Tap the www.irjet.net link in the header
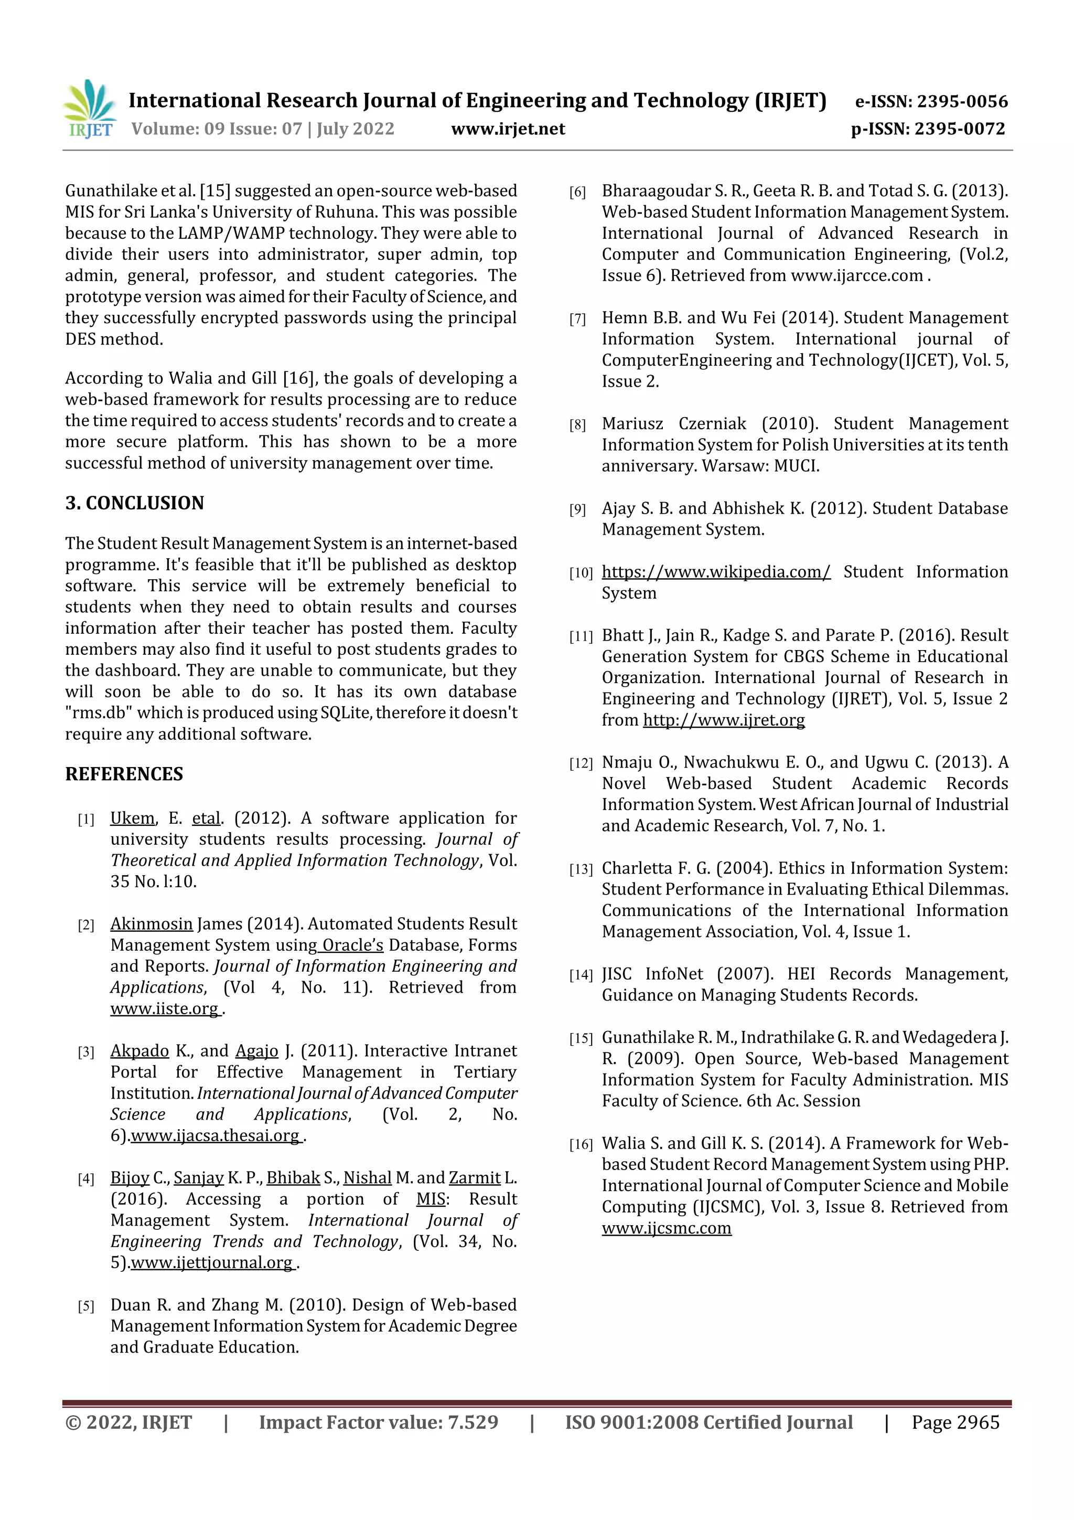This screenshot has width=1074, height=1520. pyautogui.click(x=508, y=129)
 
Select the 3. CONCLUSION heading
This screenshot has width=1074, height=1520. pyautogui.click(x=134, y=503)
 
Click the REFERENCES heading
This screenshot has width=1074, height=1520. pyautogui.click(x=124, y=774)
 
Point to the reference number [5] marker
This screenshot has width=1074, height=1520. pyautogui.click(x=86, y=1306)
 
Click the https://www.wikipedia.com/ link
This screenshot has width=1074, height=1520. pyautogui.click(x=715, y=572)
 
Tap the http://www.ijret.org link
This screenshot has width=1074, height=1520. pyautogui.click(x=723, y=720)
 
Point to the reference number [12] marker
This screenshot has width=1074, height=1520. pyautogui.click(x=581, y=763)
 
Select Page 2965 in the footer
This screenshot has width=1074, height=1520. pyautogui.click(x=955, y=1422)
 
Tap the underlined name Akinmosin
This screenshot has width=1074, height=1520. pyautogui.click(x=151, y=924)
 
